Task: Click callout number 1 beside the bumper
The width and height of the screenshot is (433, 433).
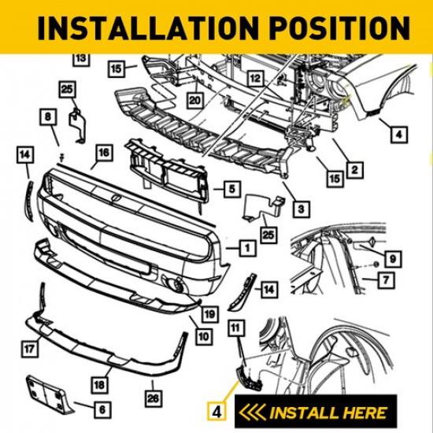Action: tap(247, 248)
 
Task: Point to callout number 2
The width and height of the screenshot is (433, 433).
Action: tap(354, 169)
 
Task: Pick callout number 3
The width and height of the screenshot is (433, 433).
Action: tap(300, 209)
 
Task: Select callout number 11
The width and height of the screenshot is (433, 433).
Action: tap(235, 326)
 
